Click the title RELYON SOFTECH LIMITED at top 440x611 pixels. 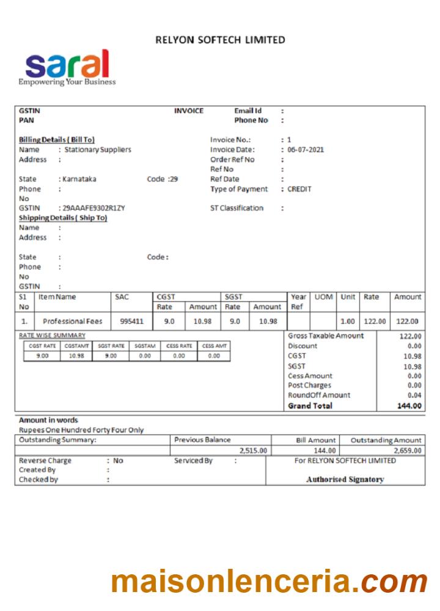pos(220,40)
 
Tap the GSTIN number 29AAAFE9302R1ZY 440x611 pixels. pos(94,208)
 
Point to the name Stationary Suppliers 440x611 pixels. pos(98,150)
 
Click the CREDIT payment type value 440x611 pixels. pos(299,189)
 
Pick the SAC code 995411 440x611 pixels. pos(131,321)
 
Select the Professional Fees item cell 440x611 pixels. pos(73,321)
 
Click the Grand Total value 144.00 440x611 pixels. pos(409,406)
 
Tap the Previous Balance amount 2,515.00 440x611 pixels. pos(253,451)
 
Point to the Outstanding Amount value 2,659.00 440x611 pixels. pos(403,451)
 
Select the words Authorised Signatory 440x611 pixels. pos(345,480)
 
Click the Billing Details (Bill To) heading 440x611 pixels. pos(57,140)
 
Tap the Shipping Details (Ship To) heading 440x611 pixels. pos(63,218)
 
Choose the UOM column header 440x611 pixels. pos(323,297)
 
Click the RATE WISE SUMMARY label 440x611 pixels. pos(52,335)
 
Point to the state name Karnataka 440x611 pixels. pos(79,179)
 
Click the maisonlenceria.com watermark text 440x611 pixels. pos(269,581)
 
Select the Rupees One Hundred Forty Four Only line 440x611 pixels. pos(81,430)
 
